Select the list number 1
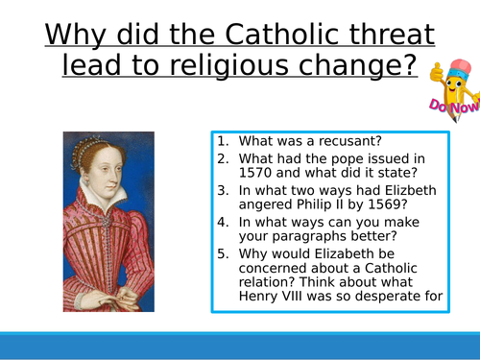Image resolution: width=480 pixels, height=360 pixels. [222, 140]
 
